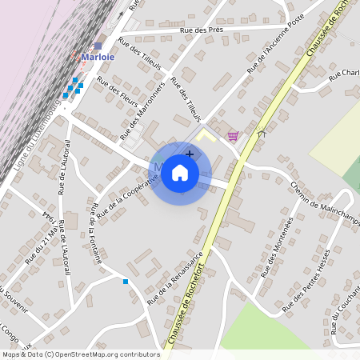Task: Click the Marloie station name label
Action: pos(98,58)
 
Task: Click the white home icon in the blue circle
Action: pos(180,173)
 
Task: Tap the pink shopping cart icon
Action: pos(233,136)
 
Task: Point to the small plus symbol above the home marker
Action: pos(190,153)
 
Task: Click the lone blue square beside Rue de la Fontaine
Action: pos(126,281)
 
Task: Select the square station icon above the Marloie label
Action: pos(98,46)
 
